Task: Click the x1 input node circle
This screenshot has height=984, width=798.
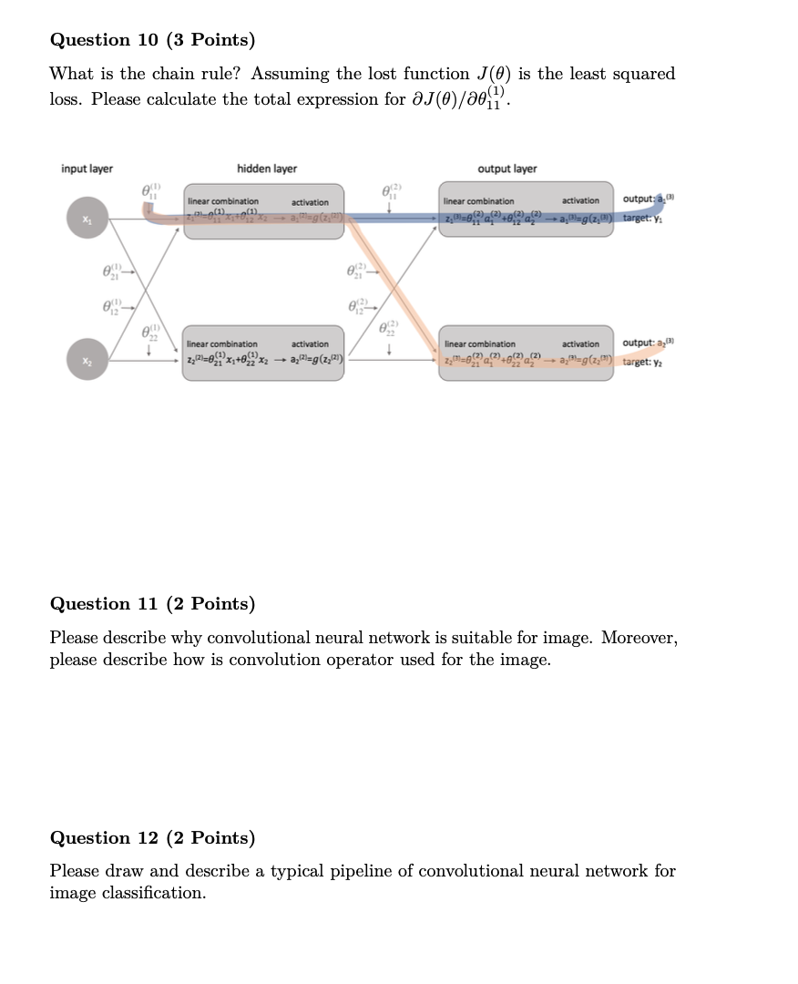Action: pyautogui.click(x=87, y=219)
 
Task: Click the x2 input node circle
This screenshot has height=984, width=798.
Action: pyautogui.click(x=87, y=362)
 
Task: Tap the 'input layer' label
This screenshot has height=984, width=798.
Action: pyautogui.click(x=87, y=169)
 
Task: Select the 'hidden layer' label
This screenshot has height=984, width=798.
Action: pyautogui.click(x=267, y=169)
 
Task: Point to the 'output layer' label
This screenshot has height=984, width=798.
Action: pyautogui.click(x=507, y=169)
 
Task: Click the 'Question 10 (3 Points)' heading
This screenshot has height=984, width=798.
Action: pyautogui.click(x=152, y=40)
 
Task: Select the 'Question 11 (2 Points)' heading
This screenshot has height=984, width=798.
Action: pyautogui.click(x=152, y=604)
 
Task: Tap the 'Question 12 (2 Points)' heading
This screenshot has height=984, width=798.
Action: pyautogui.click(x=152, y=838)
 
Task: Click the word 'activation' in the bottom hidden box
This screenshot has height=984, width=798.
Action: pyautogui.click(x=310, y=343)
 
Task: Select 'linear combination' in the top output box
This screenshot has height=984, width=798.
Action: pyautogui.click(x=478, y=200)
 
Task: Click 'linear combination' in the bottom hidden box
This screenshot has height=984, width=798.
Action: pyautogui.click(x=222, y=343)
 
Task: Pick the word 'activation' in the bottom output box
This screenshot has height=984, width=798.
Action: pyautogui.click(x=580, y=343)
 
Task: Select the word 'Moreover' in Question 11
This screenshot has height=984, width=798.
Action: pyautogui.click(x=639, y=638)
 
